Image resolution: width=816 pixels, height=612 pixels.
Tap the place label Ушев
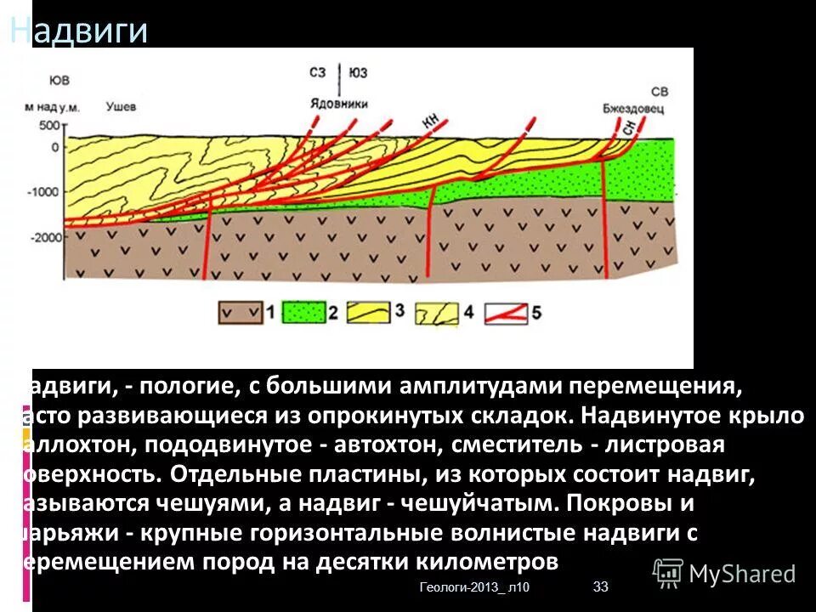121,107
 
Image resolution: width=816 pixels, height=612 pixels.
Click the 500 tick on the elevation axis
49,126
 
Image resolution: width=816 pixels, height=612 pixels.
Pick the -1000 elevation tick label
42,191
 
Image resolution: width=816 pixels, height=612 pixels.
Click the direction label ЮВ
59,81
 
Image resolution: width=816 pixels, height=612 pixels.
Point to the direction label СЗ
320,73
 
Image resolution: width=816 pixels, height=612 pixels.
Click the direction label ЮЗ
358,73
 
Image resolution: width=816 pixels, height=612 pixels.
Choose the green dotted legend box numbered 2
304,313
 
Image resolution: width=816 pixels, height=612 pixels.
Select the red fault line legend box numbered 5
506,313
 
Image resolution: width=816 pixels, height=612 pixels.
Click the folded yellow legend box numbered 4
436,313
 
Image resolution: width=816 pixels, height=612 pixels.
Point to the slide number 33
601,586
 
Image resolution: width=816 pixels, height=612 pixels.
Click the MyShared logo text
741,574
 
